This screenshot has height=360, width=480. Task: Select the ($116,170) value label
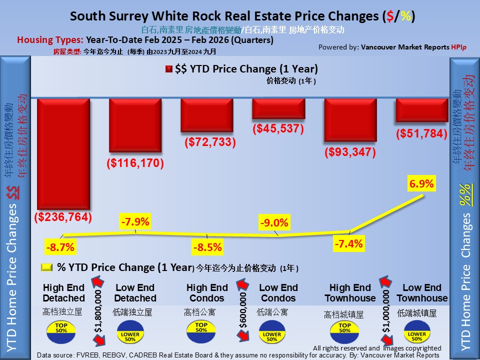135,163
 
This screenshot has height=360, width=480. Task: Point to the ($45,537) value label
278,128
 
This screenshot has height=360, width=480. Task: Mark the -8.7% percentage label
60,247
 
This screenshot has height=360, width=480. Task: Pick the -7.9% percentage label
134,221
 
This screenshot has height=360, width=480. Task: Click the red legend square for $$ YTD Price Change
168,69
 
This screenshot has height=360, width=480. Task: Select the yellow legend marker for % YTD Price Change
46,267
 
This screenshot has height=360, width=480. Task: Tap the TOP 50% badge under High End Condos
201,329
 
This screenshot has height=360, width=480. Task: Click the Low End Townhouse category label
422,293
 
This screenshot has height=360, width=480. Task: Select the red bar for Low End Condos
278,108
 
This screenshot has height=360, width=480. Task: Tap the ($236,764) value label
63,217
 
